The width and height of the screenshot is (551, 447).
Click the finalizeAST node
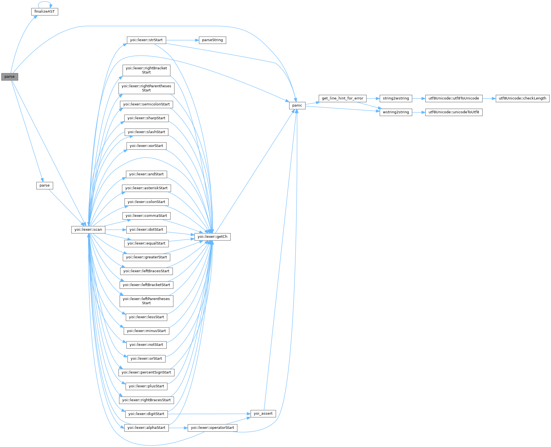(x=44, y=11)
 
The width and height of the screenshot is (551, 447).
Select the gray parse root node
(x=10, y=77)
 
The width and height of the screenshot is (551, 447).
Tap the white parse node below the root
(x=44, y=185)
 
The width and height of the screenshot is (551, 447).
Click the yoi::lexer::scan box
(x=88, y=229)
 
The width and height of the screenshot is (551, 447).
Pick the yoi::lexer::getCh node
(x=212, y=237)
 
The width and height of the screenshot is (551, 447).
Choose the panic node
(x=297, y=105)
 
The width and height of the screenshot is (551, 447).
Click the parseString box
(x=212, y=40)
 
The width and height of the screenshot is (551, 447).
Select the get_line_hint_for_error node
(x=342, y=98)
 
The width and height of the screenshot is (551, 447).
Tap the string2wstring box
(x=395, y=98)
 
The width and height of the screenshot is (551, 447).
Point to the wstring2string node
(x=395, y=112)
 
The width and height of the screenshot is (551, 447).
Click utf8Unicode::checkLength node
(x=522, y=98)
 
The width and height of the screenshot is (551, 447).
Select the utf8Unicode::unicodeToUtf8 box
(x=454, y=112)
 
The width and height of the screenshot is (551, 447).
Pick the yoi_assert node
(x=263, y=414)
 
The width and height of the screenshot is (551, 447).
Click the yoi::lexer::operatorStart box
(x=212, y=428)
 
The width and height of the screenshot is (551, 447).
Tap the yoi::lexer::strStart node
(x=146, y=40)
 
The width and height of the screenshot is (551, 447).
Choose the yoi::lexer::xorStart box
(x=146, y=146)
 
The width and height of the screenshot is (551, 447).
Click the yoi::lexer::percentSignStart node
(x=146, y=372)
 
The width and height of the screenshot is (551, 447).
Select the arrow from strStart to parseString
(x=182, y=40)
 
